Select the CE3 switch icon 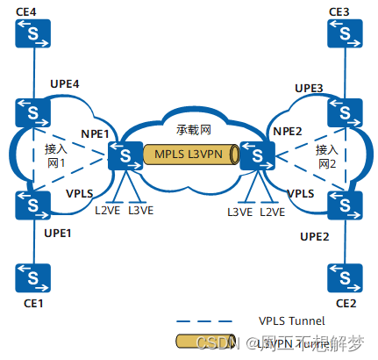(345, 34)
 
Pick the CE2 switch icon (345, 279)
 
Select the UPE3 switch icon (345, 112)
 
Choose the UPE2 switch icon (345, 206)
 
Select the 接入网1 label (57, 156)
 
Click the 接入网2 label (326, 156)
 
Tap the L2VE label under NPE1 (107, 211)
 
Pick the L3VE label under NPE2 (239, 212)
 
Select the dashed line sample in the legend (204, 320)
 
